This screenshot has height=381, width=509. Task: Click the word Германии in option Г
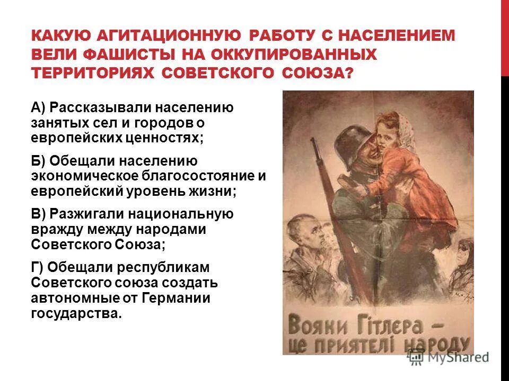pyautogui.click(x=175, y=298)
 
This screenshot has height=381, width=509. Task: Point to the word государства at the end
pyautogui.click(x=76, y=313)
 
